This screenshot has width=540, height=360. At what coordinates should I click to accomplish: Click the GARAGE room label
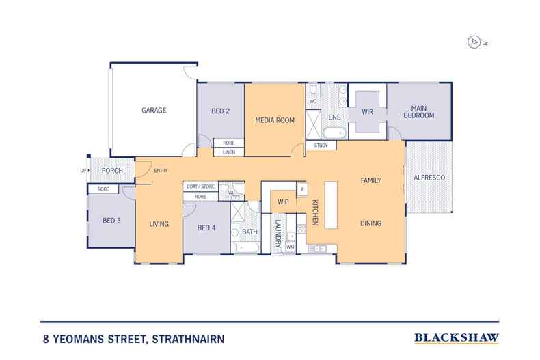pyautogui.click(x=154, y=110)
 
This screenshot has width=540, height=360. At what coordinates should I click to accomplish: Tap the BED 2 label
pyautogui.click(x=220, y=110)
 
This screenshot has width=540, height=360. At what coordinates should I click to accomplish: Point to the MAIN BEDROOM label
pyautogui.click(x=418, y=112)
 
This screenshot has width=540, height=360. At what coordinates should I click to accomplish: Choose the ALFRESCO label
pyautogui.click(x=429, y=178)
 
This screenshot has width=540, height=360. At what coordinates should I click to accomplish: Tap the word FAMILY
pyautogui.click(x=370, y=180)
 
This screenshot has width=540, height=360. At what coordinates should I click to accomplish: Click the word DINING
pyautogui.click(x=370, y=223)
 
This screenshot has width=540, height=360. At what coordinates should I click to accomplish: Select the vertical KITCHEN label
pyautogui.click(x=315, y=212)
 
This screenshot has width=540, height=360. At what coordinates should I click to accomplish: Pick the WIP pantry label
pyautogui.click(x=283, y=203)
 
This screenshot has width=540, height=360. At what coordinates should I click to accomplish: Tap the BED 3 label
pyautogui.click(x=111, y=220)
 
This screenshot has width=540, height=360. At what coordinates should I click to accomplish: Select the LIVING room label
pyautogui.click(x=159, y=223)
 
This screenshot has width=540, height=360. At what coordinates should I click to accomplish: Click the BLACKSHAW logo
pyautogui.click(x=456, y=337)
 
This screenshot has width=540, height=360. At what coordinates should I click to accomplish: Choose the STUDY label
pyautogui.click(x=321, y=146)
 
